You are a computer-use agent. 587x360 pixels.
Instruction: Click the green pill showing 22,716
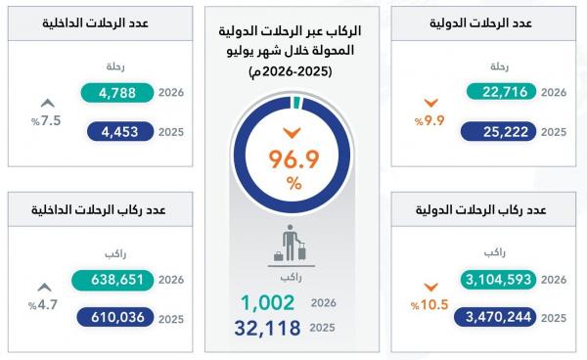coord(501,92)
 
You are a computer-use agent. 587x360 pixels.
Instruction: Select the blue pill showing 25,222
coord(498,132)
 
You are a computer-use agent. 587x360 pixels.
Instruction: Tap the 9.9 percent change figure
coord(429,121)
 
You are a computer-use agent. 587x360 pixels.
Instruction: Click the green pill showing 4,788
coord(117,93)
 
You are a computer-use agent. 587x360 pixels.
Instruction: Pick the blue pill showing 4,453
coord(120,132)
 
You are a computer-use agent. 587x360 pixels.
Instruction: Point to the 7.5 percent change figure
coord(46,121)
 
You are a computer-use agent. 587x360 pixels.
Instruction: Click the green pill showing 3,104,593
coord(498,280)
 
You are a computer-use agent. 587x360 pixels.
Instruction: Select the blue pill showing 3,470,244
coord(495,317)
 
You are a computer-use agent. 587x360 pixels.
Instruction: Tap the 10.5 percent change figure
coord(429,304)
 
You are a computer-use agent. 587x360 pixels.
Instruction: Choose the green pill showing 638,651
coord(113,280)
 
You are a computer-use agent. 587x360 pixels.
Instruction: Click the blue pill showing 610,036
coord(115,317)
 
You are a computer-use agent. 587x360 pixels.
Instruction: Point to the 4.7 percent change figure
coord(43,304)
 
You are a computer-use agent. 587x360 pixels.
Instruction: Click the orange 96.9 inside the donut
coord(293,159)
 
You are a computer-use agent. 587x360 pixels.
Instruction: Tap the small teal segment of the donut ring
coord(296,102)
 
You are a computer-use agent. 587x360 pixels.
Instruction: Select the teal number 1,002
coord(268,302)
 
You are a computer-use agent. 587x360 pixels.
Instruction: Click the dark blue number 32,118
coord(268,328)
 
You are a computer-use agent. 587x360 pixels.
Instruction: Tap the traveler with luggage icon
coord(291,243)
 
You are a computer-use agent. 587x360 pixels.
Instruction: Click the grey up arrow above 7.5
coord(48,103)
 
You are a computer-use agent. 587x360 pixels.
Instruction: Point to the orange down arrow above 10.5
coord(430,287)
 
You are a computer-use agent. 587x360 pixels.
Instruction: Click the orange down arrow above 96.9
coord(292,132)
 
